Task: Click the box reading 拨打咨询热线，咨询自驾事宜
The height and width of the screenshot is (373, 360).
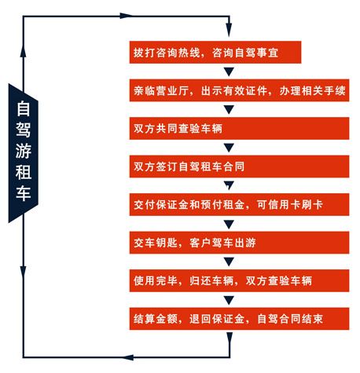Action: (215, 52)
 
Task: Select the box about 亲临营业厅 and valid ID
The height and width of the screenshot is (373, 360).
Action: (239, 90)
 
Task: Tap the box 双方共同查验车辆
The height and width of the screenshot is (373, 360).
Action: (239, 128)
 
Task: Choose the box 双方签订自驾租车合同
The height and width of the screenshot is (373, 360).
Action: (239, 166)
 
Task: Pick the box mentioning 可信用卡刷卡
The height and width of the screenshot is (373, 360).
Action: (239, 204)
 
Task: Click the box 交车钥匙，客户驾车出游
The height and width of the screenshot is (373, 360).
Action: (239, 243)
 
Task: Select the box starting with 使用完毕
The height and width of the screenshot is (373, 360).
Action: (239, 280)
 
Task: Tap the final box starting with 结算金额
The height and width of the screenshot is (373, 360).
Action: (239, 319)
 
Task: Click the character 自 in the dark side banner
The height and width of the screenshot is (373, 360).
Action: (24, 108)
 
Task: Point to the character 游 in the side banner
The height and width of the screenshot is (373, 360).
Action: (24, 151)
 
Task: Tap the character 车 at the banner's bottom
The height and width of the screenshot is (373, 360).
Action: (24, 193)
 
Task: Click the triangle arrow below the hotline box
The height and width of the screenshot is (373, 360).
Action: (229, 71)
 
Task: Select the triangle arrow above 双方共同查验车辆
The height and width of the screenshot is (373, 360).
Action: (229, 110)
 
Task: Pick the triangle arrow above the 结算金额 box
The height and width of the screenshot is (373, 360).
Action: (229, 300)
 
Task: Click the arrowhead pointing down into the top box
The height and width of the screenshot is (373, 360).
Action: (229, 30)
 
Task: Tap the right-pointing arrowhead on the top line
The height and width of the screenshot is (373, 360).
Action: (126, 16)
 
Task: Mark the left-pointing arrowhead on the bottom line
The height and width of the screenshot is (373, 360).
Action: (128, 357)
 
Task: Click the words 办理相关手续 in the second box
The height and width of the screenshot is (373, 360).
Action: (312, 90)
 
